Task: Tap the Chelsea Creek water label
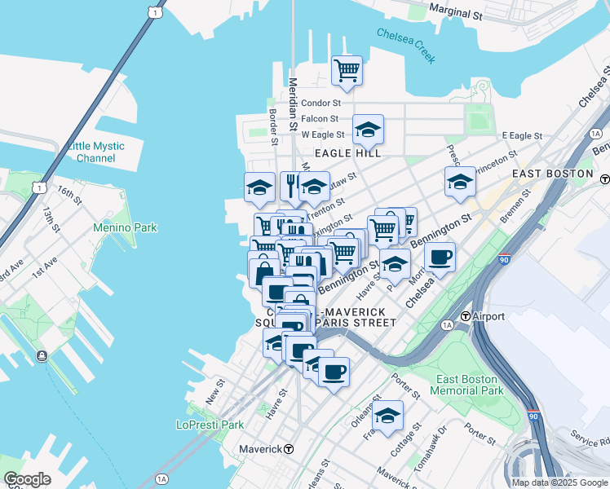406,45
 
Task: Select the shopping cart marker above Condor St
347,71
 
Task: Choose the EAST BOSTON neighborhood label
552,174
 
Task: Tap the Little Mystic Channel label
96,152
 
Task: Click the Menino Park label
125,227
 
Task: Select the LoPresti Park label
210,425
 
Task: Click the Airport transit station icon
465,316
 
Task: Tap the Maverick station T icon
289,449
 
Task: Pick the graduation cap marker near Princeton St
460,182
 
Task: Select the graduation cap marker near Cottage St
388,416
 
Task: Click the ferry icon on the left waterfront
42,356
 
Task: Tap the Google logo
27,479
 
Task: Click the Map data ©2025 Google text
559,482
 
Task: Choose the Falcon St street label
320,119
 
